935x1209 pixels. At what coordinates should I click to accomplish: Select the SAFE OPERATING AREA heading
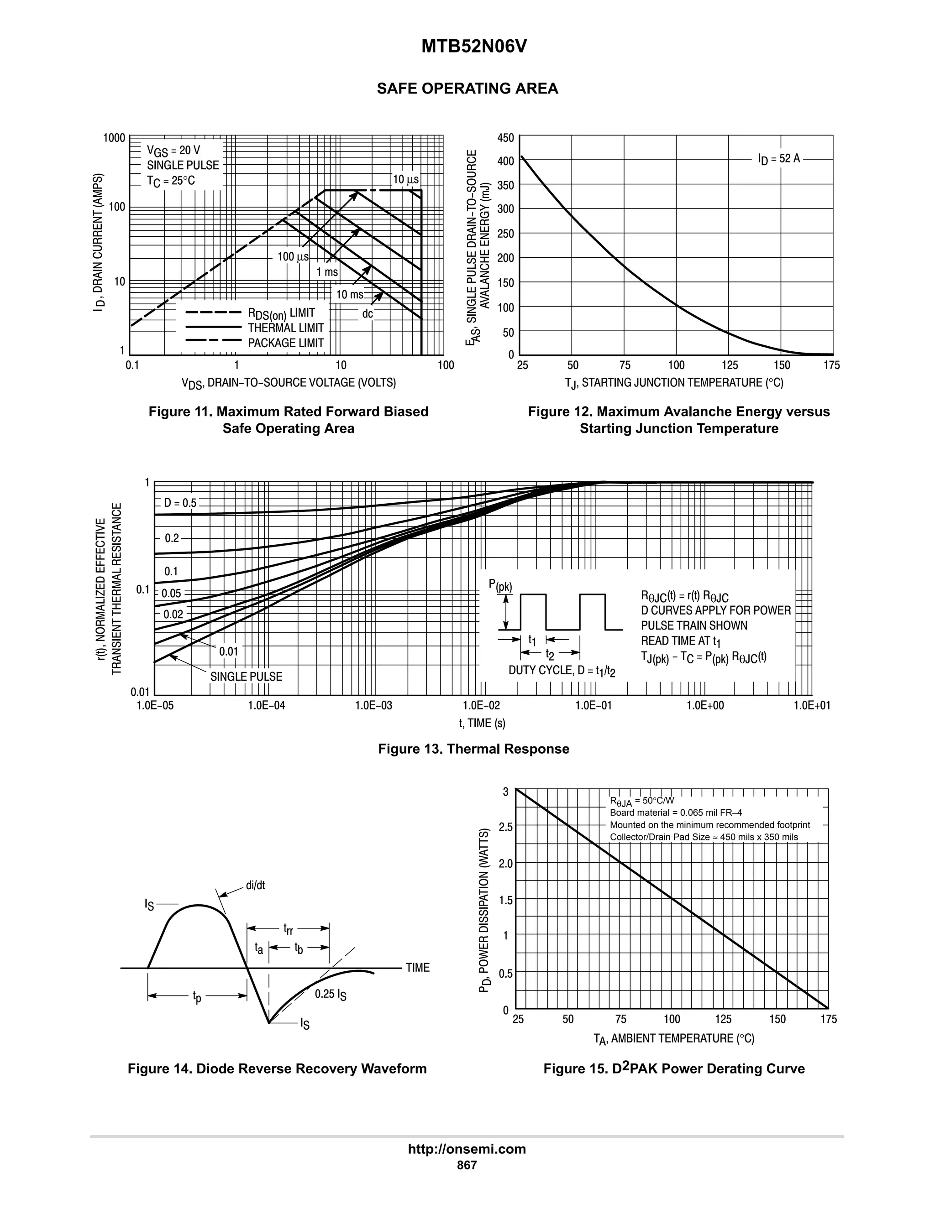tap(467, 89)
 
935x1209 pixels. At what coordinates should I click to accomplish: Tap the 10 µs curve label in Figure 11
tap(405, 179)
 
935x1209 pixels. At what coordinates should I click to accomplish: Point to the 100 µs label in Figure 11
tap(293, 256)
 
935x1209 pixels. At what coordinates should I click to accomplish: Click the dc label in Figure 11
tap(367, 314)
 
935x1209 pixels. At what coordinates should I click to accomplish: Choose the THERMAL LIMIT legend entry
tap(286, 328)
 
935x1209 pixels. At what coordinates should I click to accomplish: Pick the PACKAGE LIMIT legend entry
tap(286, 343)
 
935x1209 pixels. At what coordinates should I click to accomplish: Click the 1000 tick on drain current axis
tap(115, 138)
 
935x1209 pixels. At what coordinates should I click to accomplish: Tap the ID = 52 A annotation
tap(779, 159)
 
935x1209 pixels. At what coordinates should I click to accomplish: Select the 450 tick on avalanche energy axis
tap(506, 138)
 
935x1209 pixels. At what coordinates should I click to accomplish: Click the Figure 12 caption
tap(678, 420)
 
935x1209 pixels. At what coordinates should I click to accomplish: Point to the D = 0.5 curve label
tap(180, 503)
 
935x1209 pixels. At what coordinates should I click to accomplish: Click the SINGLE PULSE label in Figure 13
tap(246, 677)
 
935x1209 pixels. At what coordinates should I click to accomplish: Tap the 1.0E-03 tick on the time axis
tap(373, 705)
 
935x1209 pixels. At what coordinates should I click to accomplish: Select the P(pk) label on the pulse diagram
tap(500, 586)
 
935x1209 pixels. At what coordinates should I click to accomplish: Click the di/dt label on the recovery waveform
tap(255, 886)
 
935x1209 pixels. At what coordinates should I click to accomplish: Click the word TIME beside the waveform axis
tap(418, 968)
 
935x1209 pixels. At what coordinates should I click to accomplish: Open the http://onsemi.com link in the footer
tap(467, 1149)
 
